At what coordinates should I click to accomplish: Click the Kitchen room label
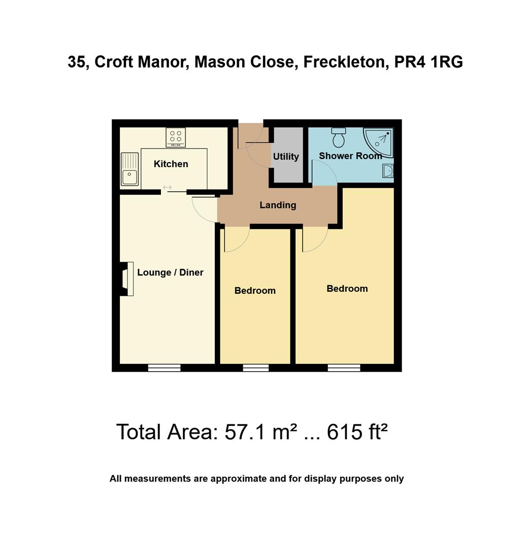pos(171,164)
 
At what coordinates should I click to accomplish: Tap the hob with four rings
pos(176,137)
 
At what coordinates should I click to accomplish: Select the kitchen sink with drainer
pos(129,169)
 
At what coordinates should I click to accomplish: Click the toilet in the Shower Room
pos(339,137)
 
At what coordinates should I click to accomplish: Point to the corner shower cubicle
pos(380,140)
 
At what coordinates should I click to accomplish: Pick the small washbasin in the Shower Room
pos(388,171)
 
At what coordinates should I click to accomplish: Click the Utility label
pos(286,157)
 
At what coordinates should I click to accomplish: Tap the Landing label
pos(278,205)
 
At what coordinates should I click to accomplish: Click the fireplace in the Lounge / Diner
pos(126,279)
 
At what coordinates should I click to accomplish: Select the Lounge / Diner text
pos(170,272)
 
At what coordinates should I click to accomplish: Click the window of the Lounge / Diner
pos(164,368)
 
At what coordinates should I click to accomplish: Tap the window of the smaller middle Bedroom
pos(255,368)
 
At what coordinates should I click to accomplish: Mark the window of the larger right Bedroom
pos(344,368)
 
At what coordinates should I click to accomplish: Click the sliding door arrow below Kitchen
pos(168,188)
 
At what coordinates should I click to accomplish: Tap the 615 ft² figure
pos(357,432)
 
